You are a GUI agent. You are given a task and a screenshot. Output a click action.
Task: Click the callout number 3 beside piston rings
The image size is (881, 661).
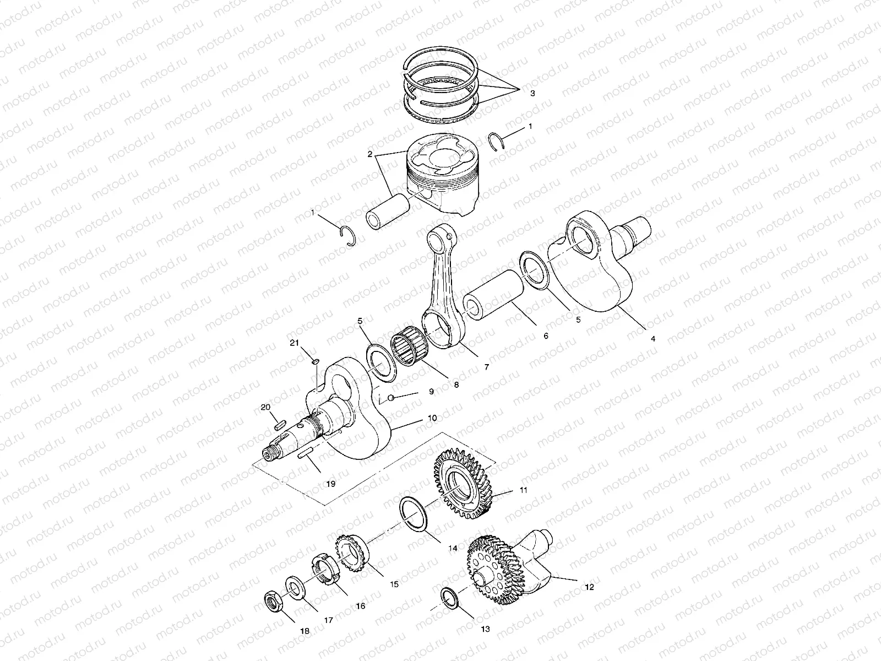coord(532,94)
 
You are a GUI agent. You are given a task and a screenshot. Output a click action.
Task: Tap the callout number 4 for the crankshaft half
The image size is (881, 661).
coord(653,339)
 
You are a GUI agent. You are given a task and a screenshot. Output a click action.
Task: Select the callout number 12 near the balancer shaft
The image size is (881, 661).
coord(589,588)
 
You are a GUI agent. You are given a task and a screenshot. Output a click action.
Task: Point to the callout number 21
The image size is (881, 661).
coord(295,343)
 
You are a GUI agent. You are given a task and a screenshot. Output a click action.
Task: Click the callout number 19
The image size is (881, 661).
coord(330,484)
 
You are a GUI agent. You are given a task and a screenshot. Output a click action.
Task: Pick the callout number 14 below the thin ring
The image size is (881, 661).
coord(453,548)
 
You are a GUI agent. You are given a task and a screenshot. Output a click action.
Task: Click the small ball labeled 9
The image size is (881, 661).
coord(390,398)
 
